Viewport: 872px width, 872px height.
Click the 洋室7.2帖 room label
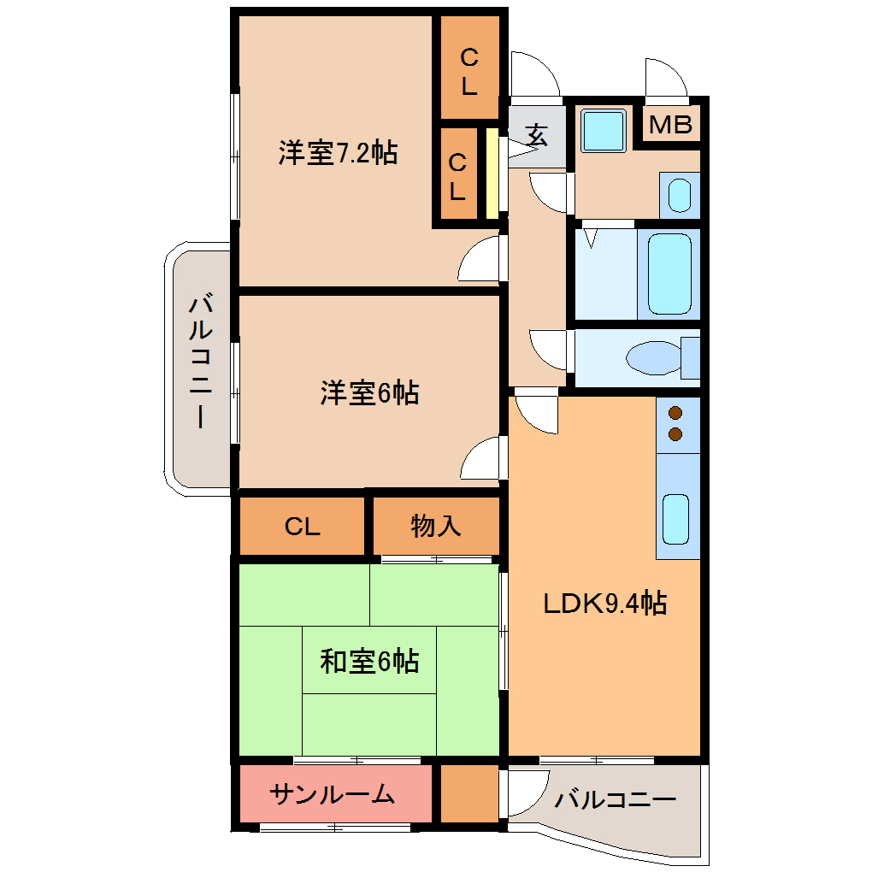click(337, 153)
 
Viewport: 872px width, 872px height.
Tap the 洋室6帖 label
click(369, 393)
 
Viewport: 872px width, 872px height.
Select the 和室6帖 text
click(369, 661)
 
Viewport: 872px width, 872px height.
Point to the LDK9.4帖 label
click(605, 604)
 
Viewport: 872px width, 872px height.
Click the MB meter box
click(671, 125)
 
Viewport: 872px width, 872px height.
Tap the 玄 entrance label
click(536, 134)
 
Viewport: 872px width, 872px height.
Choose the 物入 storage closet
click(436, 526)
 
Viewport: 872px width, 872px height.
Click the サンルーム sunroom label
click(333, 795)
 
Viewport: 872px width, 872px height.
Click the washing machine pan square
click(604, 130)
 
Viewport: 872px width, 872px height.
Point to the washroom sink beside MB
click(679, 196)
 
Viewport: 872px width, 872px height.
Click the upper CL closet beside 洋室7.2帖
click(468, 71)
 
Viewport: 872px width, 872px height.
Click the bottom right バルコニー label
click(614, 800)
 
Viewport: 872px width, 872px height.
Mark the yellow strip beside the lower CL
click(492, 174)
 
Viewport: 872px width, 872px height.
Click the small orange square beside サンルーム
click(469, 794)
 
